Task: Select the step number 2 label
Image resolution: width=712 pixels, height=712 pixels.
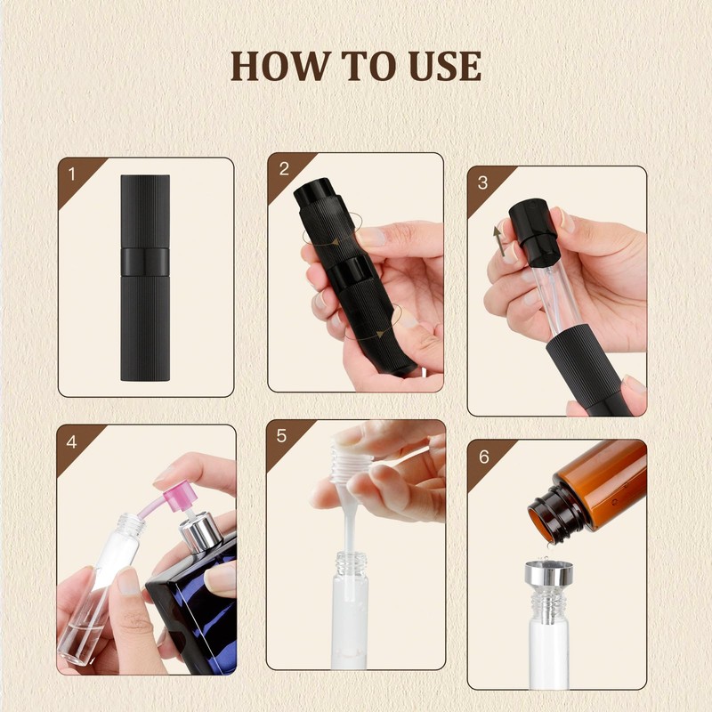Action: point(284,168)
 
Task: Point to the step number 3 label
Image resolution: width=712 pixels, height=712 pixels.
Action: point(483,182)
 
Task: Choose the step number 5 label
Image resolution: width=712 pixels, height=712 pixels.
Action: point(282,435)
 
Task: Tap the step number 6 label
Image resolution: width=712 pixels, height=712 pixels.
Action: point(483,456)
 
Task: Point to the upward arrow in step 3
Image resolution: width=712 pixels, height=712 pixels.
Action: point(500,239)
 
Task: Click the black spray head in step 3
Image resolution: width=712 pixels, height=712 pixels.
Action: point(533,232)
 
